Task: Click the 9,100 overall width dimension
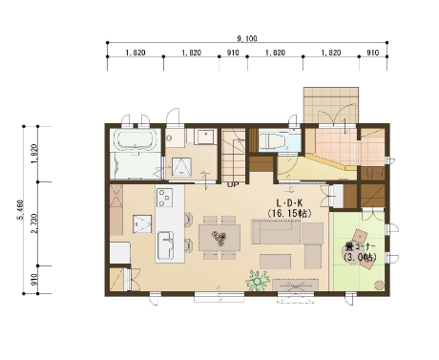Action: [x=247, y=39]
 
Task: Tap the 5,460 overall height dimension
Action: [x=21, y=210]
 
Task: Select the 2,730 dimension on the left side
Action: [x=34, y=223]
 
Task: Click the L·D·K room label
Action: [x=289, y=203]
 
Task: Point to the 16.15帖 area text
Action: [x=289, y=213]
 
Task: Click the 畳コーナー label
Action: [x=361, y=246]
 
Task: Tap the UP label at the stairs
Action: [x=233, y=184]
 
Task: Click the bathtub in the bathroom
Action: [x=136, y=140]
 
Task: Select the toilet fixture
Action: [x=271, y=141]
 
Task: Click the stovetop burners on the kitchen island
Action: [x=165, y=198]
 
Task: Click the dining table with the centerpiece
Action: [x=219, y=238]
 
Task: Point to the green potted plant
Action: [x=257, y=281]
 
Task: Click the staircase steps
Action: [x=234, y=155]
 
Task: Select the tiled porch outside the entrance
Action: [x=331, y=105]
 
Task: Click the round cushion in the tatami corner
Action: [x=379, y=286]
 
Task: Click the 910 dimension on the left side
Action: [x=34, y=280]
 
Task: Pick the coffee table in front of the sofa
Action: [x=275, y=262]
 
